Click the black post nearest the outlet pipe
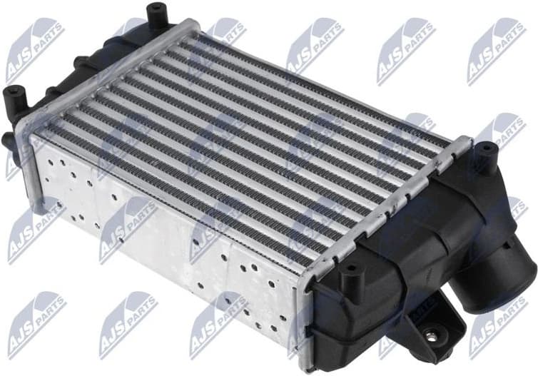(485, 151)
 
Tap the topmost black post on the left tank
(155, 14)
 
